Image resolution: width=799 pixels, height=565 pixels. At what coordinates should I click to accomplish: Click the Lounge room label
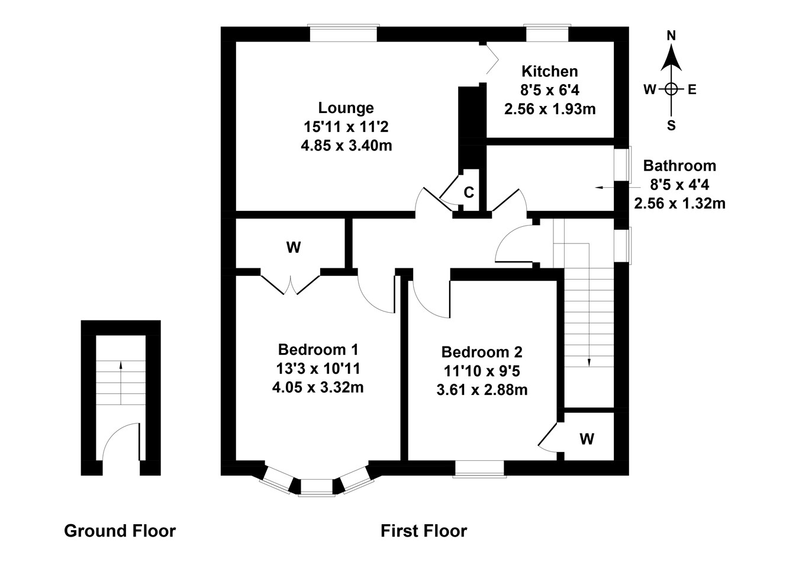click(346, 108)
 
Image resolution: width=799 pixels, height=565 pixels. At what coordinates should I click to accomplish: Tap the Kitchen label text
click(549, 72)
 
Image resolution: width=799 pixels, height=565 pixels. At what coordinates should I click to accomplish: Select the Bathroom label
click(679, 166)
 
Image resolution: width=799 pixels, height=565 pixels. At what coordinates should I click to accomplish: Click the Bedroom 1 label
click(318, 349)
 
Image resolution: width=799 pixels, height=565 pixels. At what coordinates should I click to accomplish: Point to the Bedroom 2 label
click(482, 352)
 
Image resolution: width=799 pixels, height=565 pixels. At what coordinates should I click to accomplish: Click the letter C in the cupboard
click(469, 192)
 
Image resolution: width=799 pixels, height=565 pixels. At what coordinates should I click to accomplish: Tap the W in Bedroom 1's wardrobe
click(294, 248)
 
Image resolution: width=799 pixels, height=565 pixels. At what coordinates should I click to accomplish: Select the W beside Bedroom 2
click(587, 439)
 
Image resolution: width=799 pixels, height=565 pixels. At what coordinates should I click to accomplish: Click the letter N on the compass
click(671, 36)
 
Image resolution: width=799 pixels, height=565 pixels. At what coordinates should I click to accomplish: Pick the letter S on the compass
click(671, 126)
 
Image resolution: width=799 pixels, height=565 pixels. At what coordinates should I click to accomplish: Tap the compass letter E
click(692, 90)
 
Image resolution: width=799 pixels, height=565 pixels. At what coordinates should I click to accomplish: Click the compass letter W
click(650, 90)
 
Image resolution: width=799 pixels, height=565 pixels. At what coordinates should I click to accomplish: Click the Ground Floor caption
click(120, 531)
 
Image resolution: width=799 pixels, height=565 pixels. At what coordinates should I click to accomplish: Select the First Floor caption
click(423, 531)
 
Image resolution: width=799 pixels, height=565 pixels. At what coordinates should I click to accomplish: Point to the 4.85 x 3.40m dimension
click(346, 145)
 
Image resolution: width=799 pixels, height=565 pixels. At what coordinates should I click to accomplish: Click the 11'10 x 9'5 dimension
click(482, 371)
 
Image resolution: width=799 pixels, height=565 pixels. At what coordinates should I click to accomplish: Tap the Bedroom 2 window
click(479, 468)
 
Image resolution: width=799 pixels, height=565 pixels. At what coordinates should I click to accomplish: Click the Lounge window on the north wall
click(343, 34)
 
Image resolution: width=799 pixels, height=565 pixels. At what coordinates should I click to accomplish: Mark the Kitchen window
click(547, 34)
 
